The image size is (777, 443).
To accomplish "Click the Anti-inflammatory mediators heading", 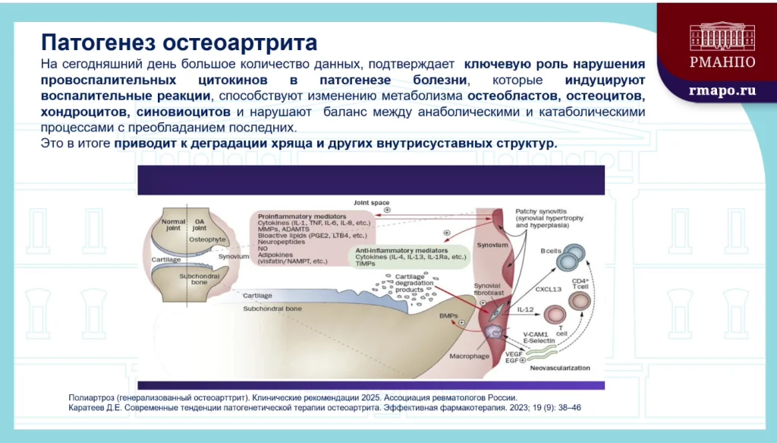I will tap(401, 250).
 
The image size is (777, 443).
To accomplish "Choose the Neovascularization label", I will tap(559, 368).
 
